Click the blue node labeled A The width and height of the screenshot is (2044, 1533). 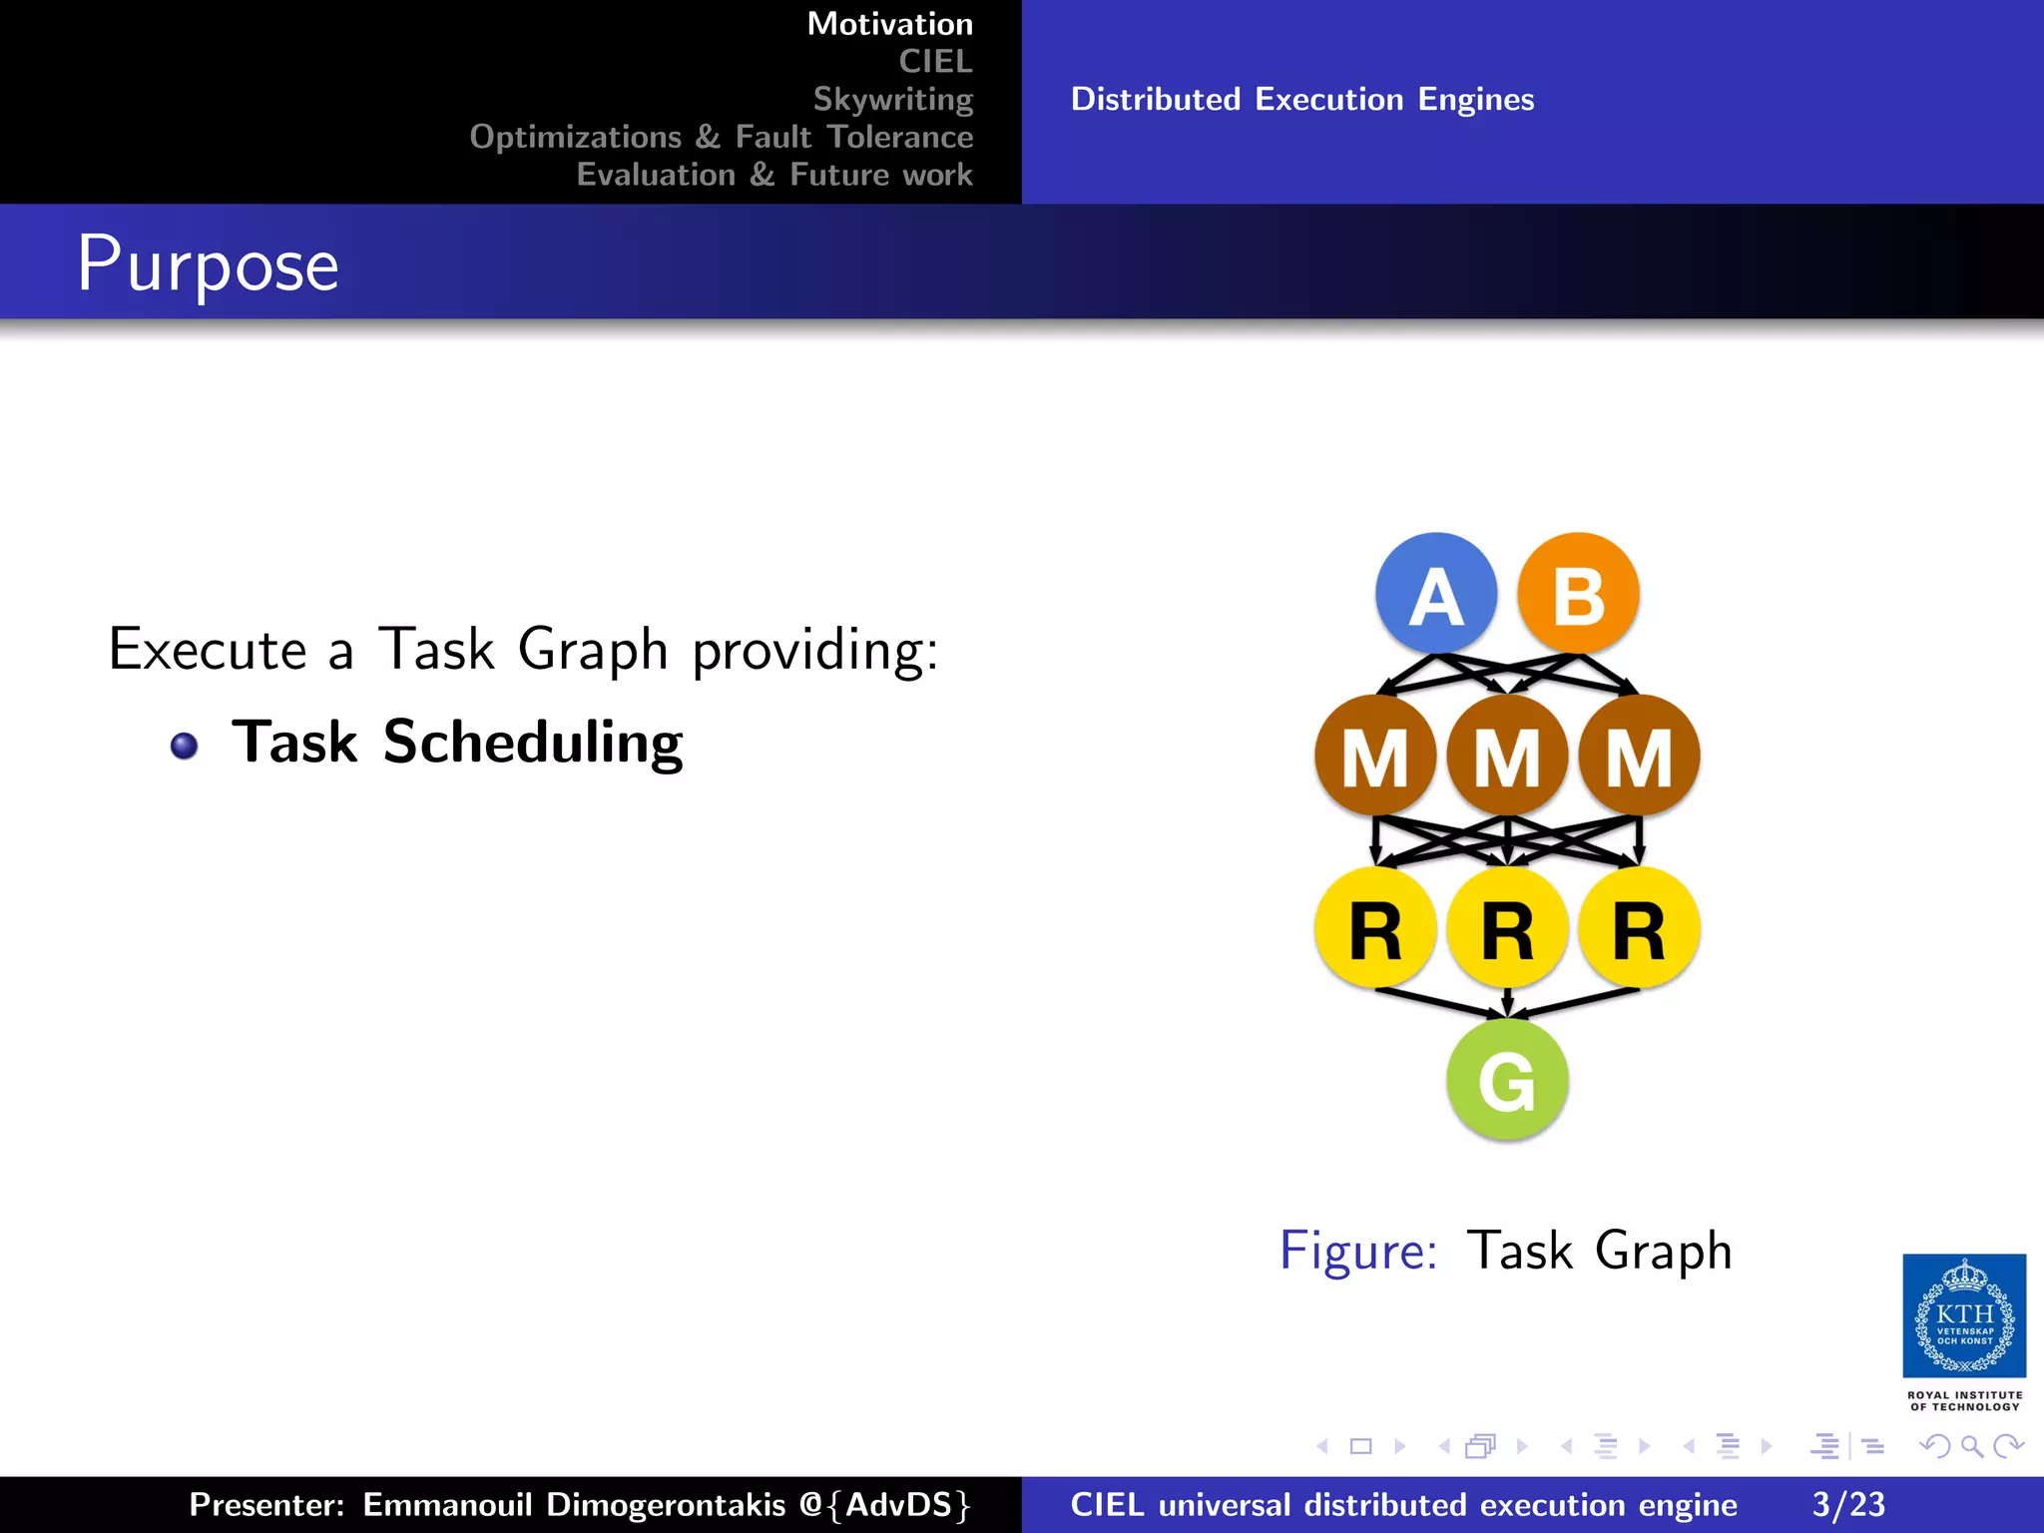[1436, 594]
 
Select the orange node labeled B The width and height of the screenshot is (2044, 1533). [1578, 594]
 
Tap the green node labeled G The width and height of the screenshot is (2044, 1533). [1507, 1080]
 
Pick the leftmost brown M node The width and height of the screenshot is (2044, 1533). [1375, 756]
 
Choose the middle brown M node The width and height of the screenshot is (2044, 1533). [1507, 756]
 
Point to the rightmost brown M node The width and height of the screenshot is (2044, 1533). [1639, 756]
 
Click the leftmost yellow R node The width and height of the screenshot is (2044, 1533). [1375, 928]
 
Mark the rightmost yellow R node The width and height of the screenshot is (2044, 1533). [1639, 928]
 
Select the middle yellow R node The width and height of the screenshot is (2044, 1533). [1507, 928]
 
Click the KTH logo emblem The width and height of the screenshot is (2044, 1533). [1964, 1315]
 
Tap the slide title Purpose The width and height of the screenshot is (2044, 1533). [208, 264]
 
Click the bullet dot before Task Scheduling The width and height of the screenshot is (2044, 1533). [184, 746]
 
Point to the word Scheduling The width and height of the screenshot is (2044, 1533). [533, 743]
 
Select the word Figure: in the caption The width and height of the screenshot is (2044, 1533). [1358, 1251]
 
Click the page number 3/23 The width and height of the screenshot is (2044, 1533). [1848, 1504]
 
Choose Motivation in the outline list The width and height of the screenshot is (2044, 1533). [889, 24]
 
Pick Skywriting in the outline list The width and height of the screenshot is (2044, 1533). [892, 99]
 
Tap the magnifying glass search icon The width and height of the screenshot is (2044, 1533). [1971, 1445]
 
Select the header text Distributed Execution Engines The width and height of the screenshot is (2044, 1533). [1302, 100]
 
